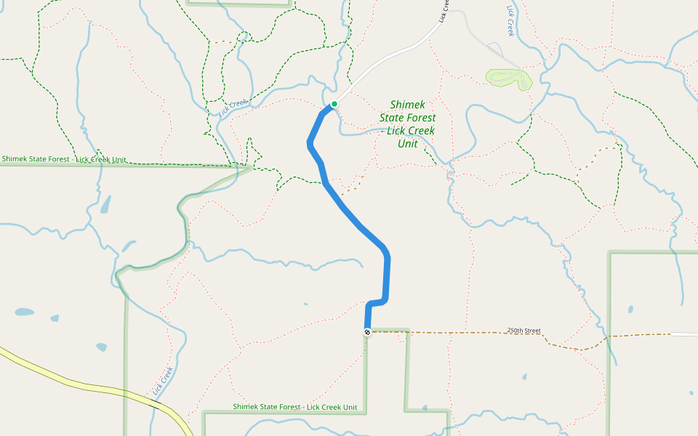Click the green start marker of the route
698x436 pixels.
click(x=334, y=104)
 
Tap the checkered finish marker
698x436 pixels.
click(x=367, y=332)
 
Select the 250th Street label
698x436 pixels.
click(x=523, y=331)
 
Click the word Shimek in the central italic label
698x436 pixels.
click(x=406, y=105)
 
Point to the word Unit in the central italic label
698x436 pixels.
click(x=408, y=144)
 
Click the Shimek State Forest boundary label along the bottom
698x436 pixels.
click(x=295, y=407)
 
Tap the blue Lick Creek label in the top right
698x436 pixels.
click(x=510, y=22)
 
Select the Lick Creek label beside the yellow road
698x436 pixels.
click(x=163, y=382)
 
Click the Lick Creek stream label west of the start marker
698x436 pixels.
click(x=233, y=108)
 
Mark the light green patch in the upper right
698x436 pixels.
click(x=509, y=78)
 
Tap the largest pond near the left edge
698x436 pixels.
click(x=24, y=312)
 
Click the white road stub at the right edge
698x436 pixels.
click(x=683, y=334)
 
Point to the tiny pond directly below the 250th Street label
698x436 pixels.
click(x=524, y=377)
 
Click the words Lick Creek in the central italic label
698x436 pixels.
click(x=411, y=131)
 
